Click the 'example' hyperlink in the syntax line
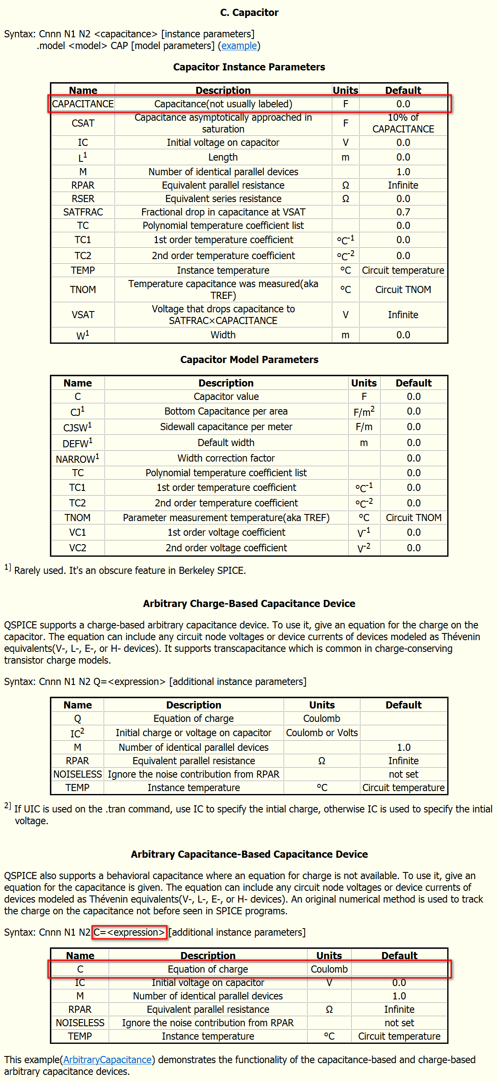pos(239,46)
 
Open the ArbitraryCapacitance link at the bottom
pos(107,1060)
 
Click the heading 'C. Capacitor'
pos(249,13)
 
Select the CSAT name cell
pos(83,123)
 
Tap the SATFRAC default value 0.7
pos(403,212)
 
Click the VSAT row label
pos(83,314)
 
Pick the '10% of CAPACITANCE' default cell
pos(403,123)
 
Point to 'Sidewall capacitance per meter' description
pos(226,427)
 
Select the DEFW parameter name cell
pos(77,443)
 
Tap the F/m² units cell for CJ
pos(363,412)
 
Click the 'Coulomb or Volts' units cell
pos(321,733)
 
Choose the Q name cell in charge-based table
pos(77,719)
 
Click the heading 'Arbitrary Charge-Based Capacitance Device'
pos(249,604)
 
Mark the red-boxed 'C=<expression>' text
pos(130,932)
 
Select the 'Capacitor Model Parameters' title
pos(249,360)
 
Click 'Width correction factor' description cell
pos(226,458)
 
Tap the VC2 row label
pos(77,548)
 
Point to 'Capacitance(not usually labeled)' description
pos(223,104)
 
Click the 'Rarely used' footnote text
pos(130,571)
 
